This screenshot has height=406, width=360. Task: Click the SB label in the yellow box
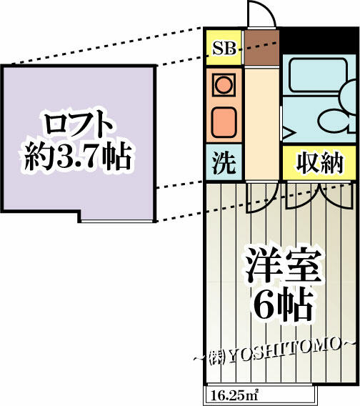pyautogui.click(x=224, y=49)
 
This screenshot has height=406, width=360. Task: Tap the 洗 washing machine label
pyautogui.click(x=224, y=163)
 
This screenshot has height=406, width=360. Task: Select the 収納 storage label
pyautogui.click(x=319, y=164)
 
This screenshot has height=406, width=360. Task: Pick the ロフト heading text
pyautogui.click(x=78, y=126)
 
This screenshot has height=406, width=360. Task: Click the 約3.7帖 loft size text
pyautogui.click(x=77, y=157)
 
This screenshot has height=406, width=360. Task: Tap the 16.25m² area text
pyautogui.click(x=235, y=395)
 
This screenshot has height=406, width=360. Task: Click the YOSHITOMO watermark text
pyautogui.click(x=284, y=352)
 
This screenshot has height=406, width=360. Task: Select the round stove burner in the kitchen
pyautogui.click(x=224, y=85)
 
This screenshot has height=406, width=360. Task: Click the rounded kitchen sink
pyautogui.click(x=224, y=122)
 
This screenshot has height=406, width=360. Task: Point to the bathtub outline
pyautogui.click(x=318, y=75)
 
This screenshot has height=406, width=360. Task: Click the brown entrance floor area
pyautogui.click(x=261, y=47)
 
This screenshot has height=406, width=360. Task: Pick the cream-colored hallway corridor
pyautogui.click(x=261, y=124)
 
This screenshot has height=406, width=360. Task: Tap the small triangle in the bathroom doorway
pyautogui.click(x=289, y=134)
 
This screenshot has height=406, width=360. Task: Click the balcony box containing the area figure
pyautogui.click(x=260, y=395)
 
